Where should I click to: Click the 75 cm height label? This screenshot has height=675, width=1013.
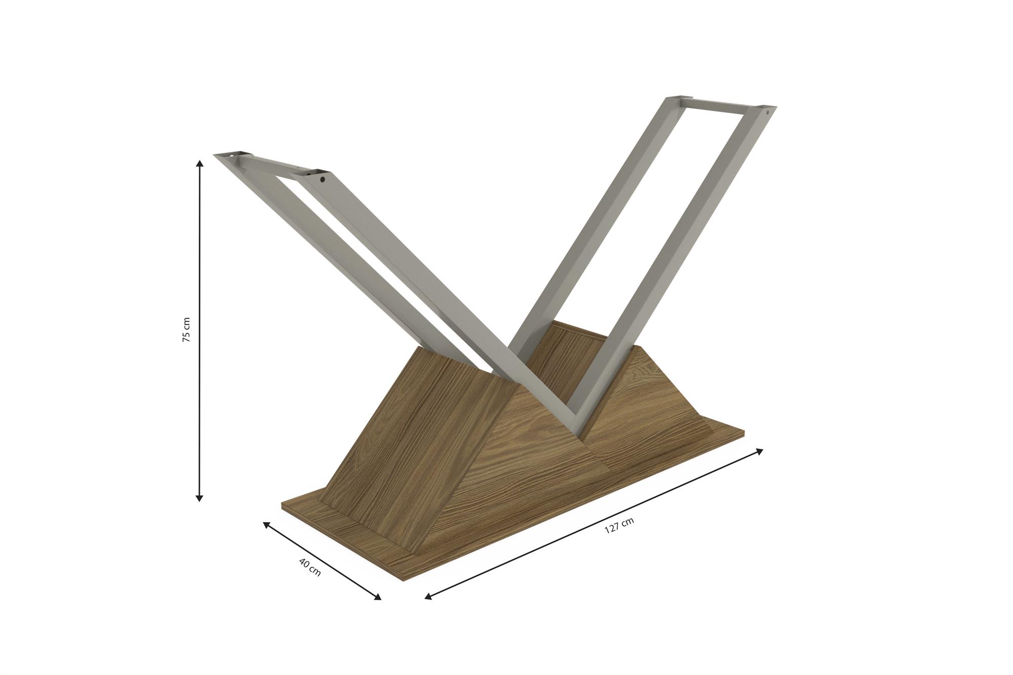(186, 330)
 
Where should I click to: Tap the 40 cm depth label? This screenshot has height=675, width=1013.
(310, 567)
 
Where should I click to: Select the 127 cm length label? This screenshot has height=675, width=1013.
(619, 526)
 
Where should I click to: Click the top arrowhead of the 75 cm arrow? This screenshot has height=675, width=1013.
(200, 163)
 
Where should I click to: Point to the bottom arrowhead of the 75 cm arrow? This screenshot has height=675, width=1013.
(200, 498)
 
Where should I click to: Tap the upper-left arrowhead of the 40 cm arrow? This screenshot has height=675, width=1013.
(266, 525)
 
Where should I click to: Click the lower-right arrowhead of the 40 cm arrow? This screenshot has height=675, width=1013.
(377, 597)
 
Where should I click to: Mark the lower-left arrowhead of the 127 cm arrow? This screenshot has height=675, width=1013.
(427, 597)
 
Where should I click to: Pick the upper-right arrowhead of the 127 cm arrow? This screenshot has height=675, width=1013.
(759, 451)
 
